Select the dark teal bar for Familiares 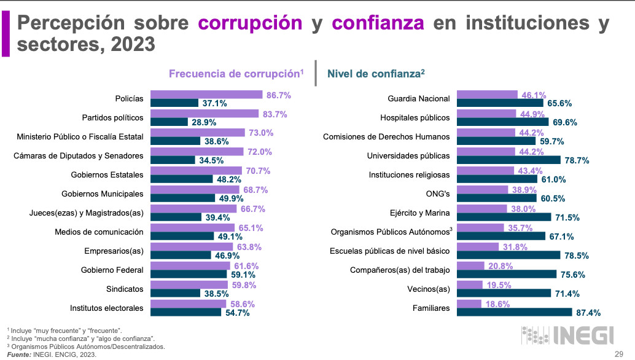(515, 312)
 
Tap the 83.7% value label (274, 114)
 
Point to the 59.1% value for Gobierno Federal (243, 274)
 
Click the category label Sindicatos (125, 289)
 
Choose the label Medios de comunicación (99, 232)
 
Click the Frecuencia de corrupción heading (236, 74)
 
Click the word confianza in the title (378, 23)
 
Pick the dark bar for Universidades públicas (509, 160)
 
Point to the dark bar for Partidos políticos (169, 122)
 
